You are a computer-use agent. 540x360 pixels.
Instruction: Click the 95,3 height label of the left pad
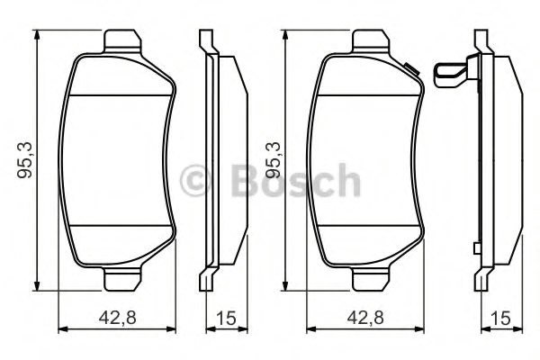[25, 159]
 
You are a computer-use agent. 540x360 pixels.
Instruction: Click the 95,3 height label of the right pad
[272, 159]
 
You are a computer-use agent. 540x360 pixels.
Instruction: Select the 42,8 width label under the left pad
[117, 318]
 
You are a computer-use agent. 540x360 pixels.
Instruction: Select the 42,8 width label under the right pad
[365, 318]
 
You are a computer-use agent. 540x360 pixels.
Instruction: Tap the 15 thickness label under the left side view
[226, 318]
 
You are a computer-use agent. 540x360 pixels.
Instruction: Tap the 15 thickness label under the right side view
[501, 318]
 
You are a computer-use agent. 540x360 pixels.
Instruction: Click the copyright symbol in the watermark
[195, 181]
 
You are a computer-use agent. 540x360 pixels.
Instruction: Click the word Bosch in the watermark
[295, 181]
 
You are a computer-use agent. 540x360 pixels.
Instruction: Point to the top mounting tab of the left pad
[122, 42]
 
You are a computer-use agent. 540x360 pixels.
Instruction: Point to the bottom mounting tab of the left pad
[122, 278]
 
